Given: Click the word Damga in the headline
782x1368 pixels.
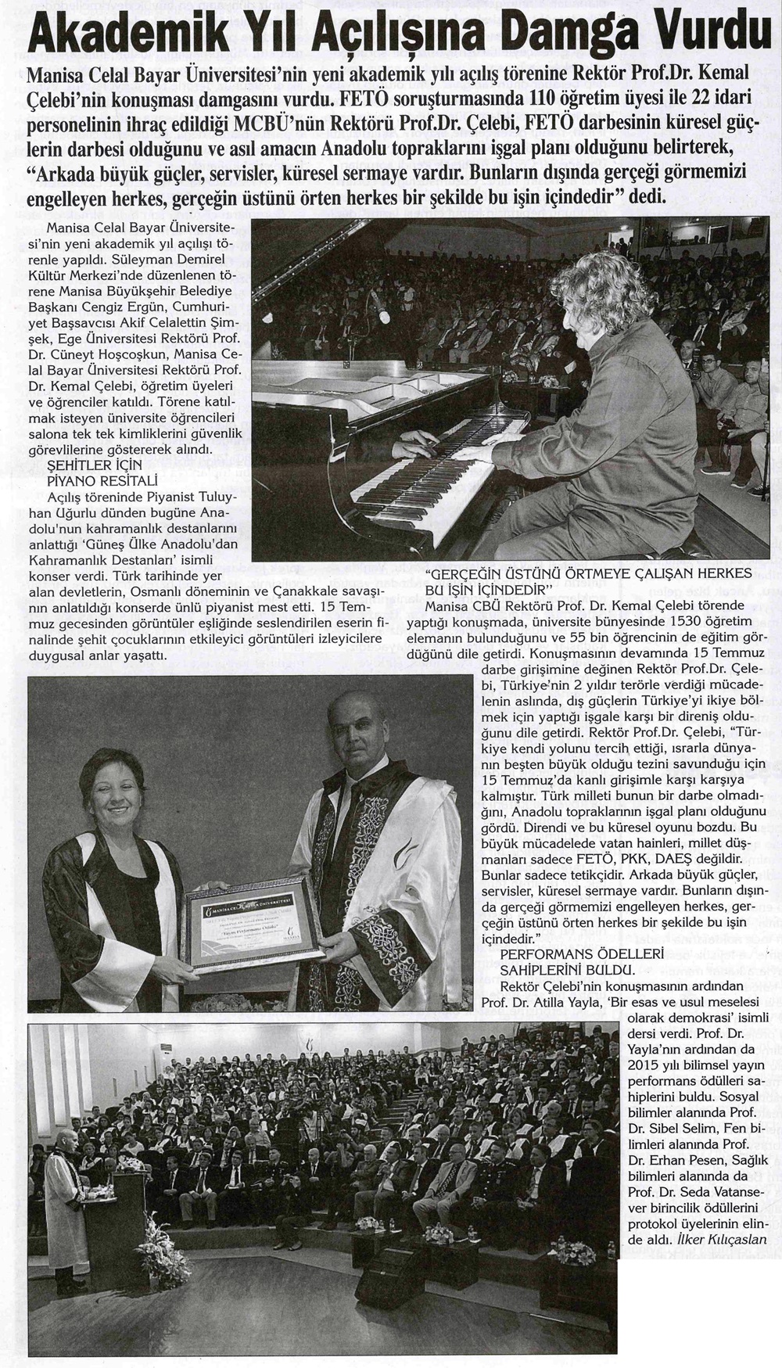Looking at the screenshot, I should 558,33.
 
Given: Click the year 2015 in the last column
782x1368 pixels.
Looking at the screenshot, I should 644,1065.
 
